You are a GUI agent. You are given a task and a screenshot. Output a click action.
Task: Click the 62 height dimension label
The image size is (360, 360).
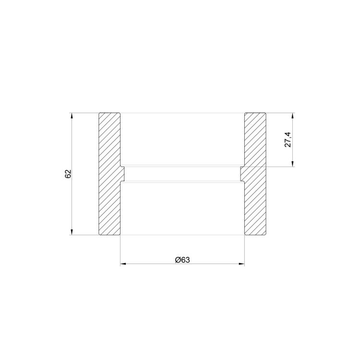pos(68,174)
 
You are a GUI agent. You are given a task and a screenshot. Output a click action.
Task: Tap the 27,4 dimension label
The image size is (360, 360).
pos(288,140)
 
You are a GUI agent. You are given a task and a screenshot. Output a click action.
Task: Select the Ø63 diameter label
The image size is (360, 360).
pos(182,260)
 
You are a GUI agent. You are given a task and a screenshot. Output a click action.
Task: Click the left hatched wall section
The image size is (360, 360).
pos(110,174)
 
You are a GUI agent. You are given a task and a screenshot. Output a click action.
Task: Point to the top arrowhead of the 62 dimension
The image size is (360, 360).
pos(72,116)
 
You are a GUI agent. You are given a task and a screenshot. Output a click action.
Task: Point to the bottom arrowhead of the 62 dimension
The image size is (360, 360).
pos(72,232)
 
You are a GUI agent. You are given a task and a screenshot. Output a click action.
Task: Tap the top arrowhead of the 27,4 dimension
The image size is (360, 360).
pos(293,116)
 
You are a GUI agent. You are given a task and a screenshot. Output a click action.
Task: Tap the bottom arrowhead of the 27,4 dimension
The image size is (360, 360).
pos(293,164)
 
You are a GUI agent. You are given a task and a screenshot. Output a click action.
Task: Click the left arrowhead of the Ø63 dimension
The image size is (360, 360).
pos(123,264)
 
